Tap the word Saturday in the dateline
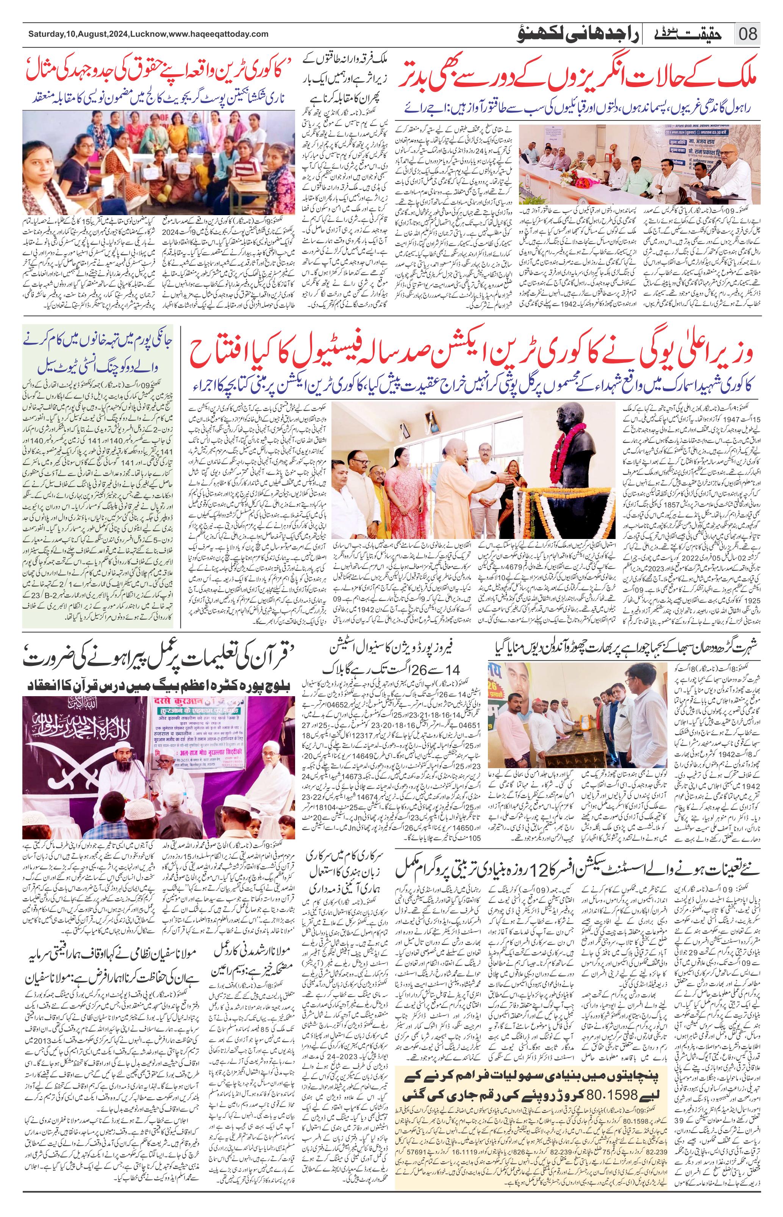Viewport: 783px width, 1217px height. pos(46,34)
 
